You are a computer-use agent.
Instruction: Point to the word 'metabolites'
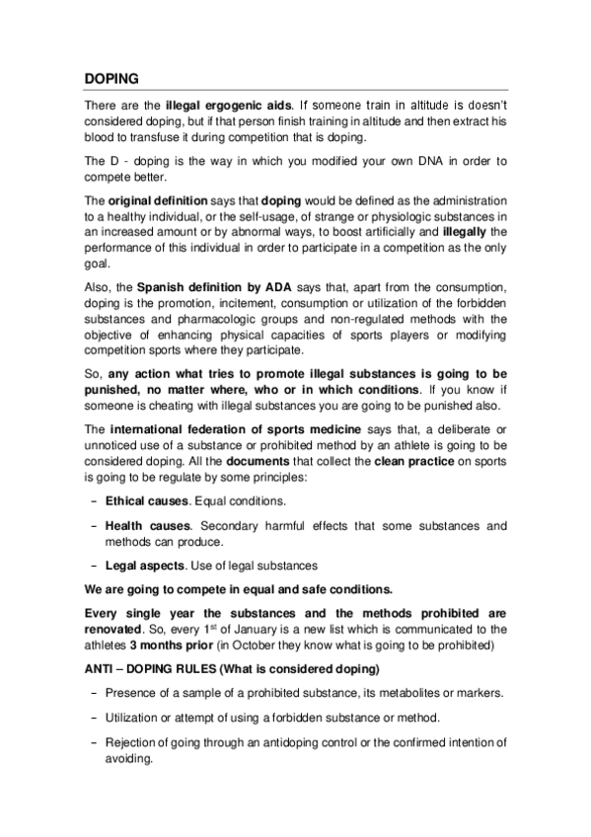tap(400, 692)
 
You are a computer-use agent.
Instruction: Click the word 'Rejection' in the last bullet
tap(133, 743)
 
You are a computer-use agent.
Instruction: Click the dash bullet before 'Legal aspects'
tap(93, 566)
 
